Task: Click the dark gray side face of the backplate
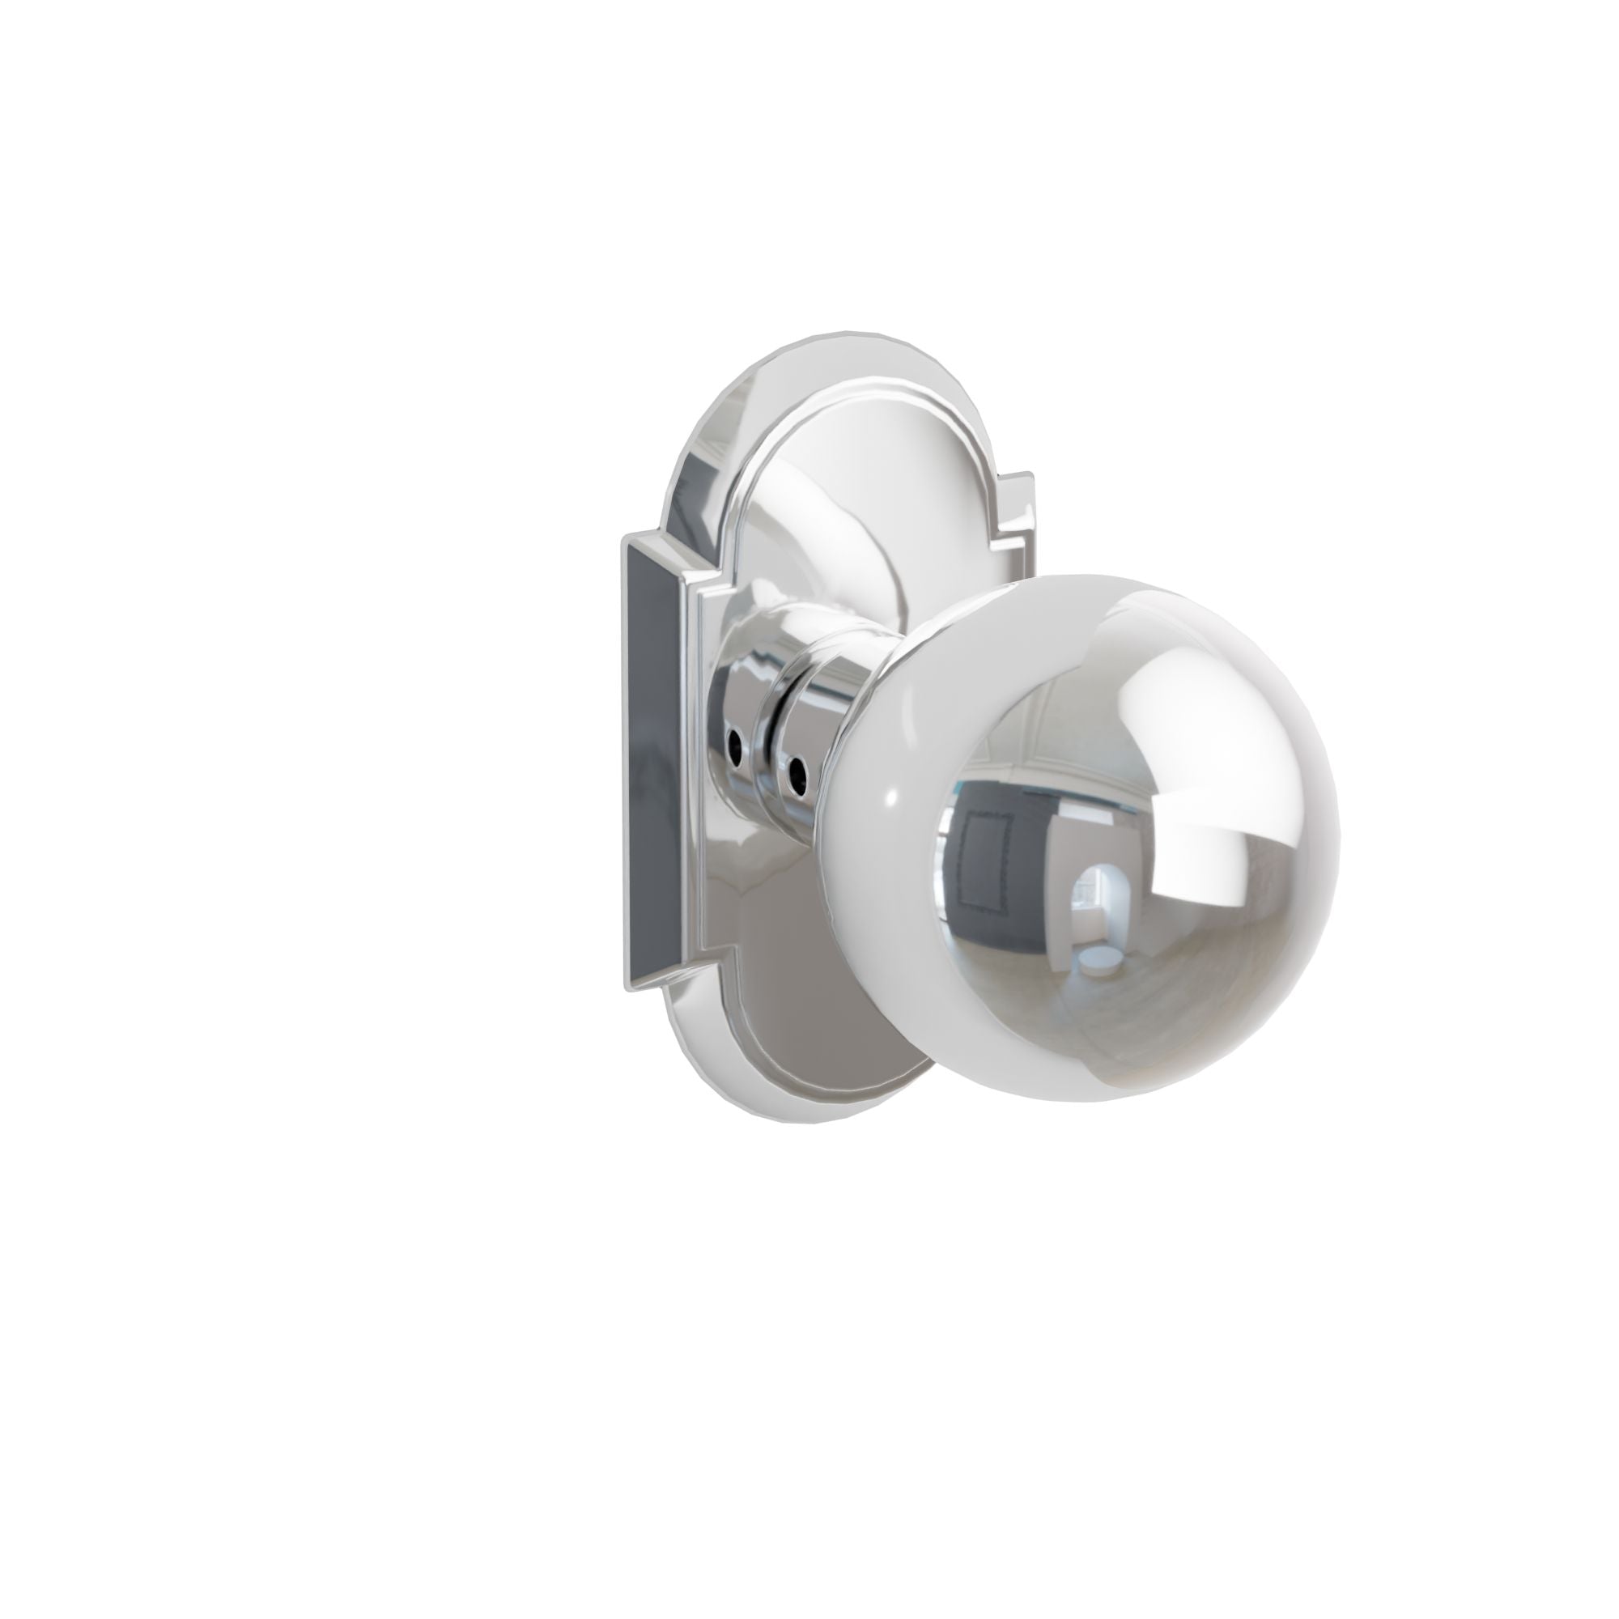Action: click(x=649, y=754)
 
